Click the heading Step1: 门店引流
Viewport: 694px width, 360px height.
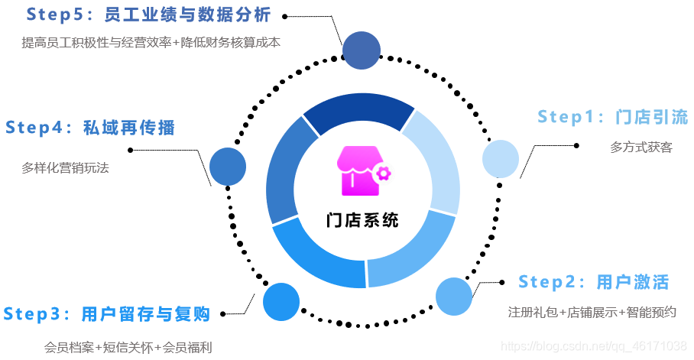[x=612, y=117]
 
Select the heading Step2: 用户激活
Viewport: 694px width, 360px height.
[x=593, y=282]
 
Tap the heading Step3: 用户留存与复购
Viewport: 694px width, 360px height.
[x=106, y=313]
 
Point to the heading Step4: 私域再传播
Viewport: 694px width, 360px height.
[x=90, y=128]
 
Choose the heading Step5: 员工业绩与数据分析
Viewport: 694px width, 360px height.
[x=148, y=15]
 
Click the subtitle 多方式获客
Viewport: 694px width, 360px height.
[x=641, y=147]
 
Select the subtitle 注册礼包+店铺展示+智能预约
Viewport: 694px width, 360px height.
[x=592, y=312]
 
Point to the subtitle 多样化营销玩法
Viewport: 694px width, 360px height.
[x=66, y=167]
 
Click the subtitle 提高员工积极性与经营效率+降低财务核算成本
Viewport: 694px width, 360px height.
[x=151, y=43]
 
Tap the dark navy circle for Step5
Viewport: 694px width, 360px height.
[x=362, y=50]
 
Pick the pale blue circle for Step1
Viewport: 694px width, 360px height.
[x=501, y=159]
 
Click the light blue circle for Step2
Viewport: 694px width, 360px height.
[x=454, y=297]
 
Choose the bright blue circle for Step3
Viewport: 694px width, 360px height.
[x=281, y=302]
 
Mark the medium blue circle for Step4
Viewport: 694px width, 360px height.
[x=228, y=166]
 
